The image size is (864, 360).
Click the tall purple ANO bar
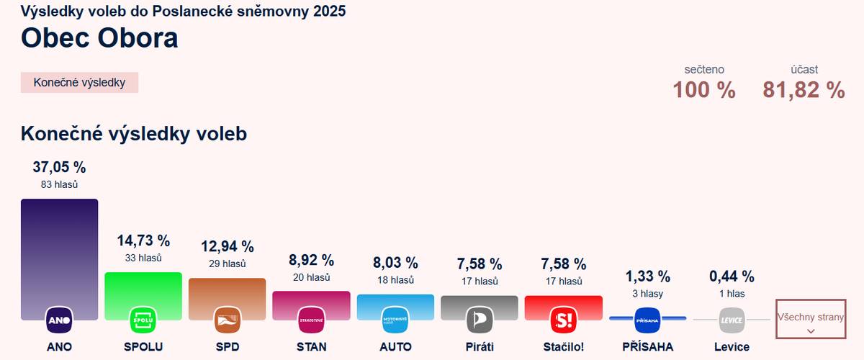click(59, 252)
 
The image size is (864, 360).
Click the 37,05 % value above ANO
click(59, 168)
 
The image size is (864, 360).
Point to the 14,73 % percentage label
click(143, 241)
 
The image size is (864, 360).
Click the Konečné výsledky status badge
click(79, 83)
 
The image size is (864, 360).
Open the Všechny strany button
click(810, 318)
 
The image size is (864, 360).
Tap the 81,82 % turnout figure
click(804, 91)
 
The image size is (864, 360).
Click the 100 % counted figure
click(704, 91)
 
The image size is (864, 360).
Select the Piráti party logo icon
click(479, 319)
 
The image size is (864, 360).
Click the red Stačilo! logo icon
click(562, 319)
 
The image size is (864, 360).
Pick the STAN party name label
click(311, 347)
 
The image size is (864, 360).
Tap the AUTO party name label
click(395, 347)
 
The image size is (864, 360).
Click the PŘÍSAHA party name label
click(647, 347)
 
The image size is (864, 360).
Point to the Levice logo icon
click(732, 319)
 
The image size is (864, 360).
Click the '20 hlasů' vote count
click(311, 278)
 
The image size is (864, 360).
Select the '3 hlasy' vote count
click(647, 294)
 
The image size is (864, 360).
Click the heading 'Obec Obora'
click(99, 38)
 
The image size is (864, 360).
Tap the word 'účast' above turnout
click(804, 70)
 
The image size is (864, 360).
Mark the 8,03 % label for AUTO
click(395, 263)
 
